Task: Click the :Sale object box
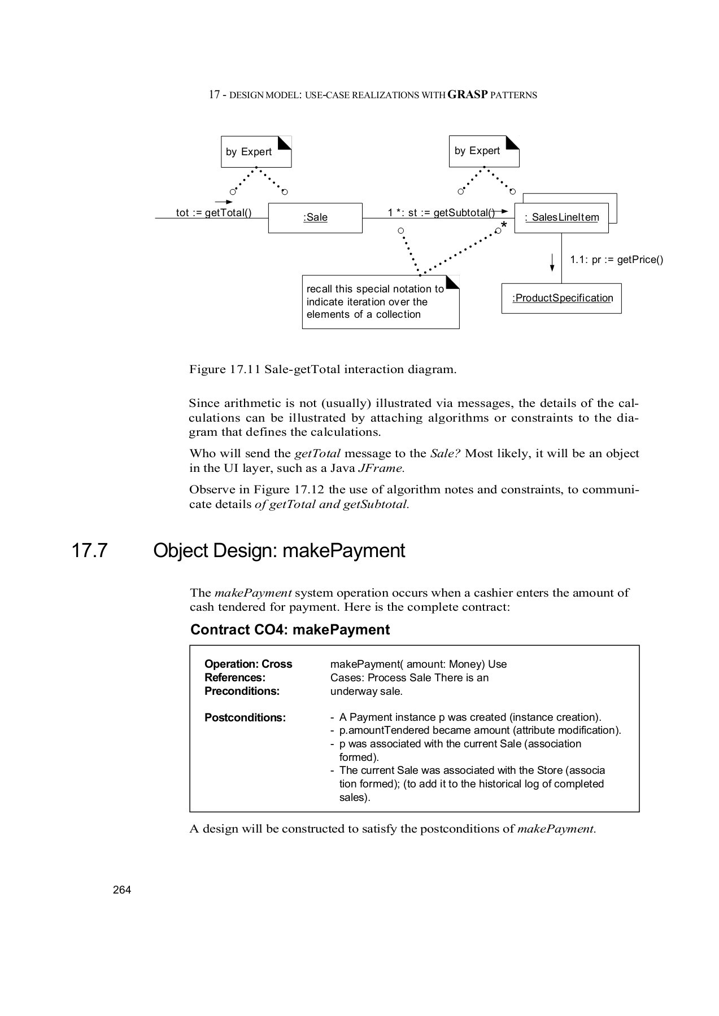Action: (x=315, y=218)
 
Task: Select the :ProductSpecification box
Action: (x=562, y=298)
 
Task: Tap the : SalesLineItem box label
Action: (x=561, y=217)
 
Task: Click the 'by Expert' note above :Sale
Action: (x=256, y=151)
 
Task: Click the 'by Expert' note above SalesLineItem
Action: (x=483, y=151)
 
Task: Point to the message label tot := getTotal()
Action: (x=213, y=213)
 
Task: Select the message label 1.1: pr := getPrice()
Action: (x=616, y=260)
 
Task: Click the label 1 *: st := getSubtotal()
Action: (x=441, y=212)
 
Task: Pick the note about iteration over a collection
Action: (x=380, y=302)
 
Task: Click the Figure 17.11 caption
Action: (x=323, y=370)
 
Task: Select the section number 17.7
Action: (x=89, y=550)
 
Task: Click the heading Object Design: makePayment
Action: (x=279, y=550)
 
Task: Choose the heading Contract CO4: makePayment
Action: (x=290, y=630)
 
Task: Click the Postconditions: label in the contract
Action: (x=245, y=718)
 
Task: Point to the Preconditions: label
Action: (x=242, y=691)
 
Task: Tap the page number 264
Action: (x=122, y=890)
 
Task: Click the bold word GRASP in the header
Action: (x=467, y=95)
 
